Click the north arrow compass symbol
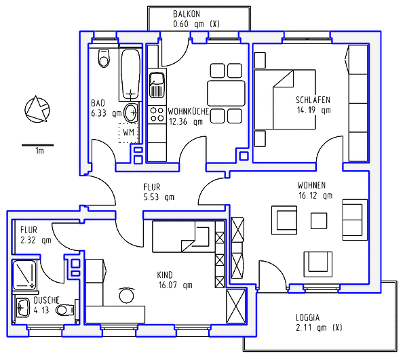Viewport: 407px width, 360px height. [37, 109]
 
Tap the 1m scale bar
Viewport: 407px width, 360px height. [37, 145]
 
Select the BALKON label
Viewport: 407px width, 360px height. [187, 14]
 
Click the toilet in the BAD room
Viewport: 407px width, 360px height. [104, 58]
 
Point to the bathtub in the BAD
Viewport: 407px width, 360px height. [130, 75]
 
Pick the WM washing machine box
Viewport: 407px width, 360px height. [128, 133]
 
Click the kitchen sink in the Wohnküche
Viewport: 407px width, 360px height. [156, 85]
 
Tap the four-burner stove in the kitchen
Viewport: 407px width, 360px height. [157, 115]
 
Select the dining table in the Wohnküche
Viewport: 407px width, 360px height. [226, 93]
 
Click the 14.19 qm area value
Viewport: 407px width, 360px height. [314, 111]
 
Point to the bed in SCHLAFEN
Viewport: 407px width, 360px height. [285, 100]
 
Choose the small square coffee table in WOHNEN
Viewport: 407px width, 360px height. [319, 221]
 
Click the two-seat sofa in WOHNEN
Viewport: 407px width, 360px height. [355, 220]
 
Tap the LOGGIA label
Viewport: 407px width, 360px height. [307, 317]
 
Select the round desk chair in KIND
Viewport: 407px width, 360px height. [126, 295]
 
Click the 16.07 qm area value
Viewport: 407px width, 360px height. [176, 285]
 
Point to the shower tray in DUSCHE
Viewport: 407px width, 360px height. [24, 275]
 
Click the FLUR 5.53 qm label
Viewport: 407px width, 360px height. [159, 192]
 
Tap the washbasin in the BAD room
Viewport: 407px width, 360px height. [131, 113]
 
